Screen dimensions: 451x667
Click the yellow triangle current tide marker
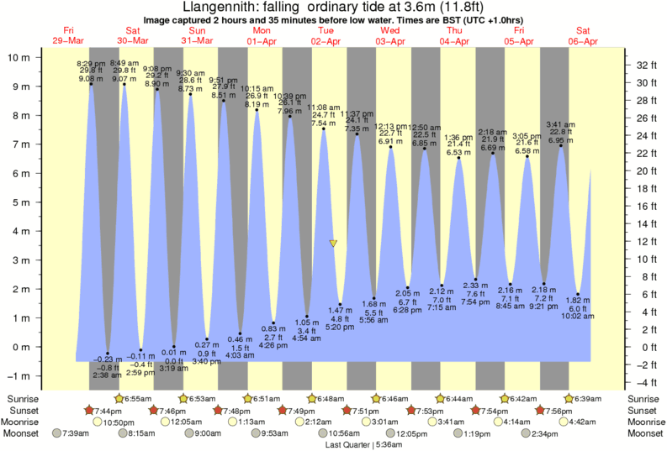[333, 244]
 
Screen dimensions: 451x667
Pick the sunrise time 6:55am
[137, 397]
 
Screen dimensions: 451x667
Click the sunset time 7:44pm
[105, 410]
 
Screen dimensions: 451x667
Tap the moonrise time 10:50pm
[119, 422]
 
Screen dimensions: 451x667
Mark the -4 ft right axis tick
[644, 382]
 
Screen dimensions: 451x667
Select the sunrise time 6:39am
[588, 397]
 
